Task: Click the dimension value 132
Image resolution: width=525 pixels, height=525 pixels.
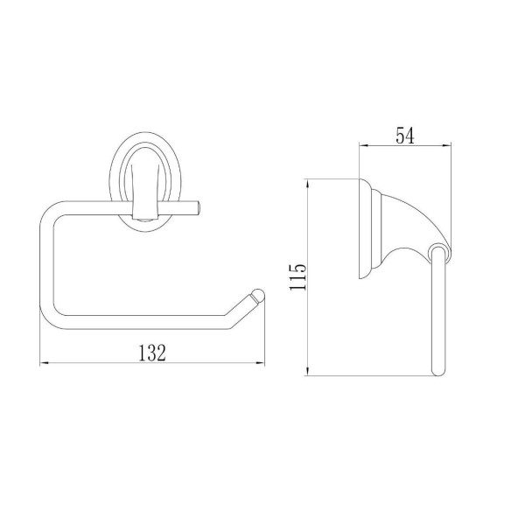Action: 152,353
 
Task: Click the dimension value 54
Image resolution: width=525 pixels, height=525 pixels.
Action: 405,136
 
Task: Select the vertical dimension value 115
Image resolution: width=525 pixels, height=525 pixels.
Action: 297,276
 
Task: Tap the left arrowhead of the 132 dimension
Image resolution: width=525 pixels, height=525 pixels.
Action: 45,363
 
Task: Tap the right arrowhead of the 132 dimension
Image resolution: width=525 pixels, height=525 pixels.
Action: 260,363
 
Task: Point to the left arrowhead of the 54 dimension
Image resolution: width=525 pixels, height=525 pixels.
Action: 364,145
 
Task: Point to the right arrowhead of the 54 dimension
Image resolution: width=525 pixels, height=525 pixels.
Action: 447,145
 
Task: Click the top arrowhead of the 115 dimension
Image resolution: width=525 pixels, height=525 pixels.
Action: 307,184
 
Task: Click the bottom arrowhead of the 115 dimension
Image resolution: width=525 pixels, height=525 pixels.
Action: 307,371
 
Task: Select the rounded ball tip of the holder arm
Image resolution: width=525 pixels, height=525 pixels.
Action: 258,297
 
